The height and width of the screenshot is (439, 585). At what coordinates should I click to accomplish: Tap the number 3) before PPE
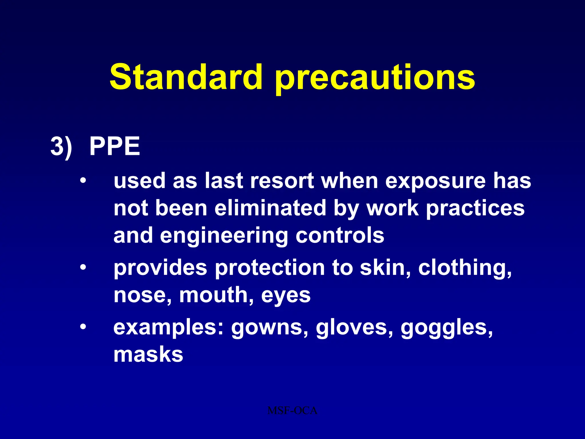(x=61, y=146)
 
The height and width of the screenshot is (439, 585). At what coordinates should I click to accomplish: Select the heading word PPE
(x=115, y=146)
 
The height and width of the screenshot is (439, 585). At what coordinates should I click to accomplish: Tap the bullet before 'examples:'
(x=83, y=327)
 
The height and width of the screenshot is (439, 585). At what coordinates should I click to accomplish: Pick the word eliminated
(x=270, y=208)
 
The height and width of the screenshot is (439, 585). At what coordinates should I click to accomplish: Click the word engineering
(x=224, y=236)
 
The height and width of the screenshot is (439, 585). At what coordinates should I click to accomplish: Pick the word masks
(x=148, y=354)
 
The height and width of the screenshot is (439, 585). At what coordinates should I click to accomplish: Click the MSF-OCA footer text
(x=292, y=411)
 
